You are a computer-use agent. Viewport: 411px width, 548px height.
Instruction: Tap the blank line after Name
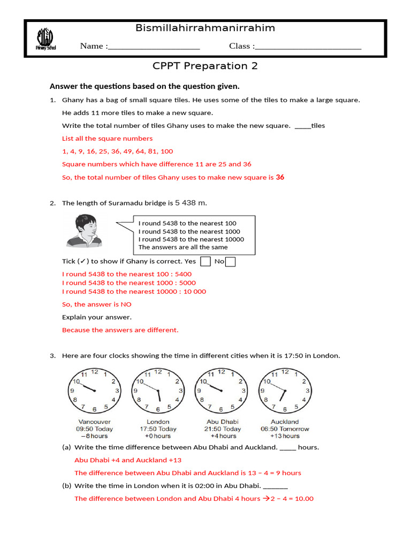tap(154, 47)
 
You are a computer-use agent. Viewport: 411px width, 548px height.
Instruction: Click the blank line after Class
tap(308, 47)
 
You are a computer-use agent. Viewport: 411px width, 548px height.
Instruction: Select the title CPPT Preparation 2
tap(205, 66)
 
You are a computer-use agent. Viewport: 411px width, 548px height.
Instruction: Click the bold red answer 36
tap(280, 177)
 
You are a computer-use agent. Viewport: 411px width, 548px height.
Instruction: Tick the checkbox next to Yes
tap(205, 262)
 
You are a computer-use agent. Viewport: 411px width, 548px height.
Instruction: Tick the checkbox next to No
tap(230, 262)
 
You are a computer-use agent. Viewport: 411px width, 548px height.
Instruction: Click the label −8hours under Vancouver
tap(95, 436)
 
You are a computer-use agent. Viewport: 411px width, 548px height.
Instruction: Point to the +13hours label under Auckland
tap(285, 436)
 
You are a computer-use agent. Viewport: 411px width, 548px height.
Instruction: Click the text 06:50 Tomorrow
tap(285, 429)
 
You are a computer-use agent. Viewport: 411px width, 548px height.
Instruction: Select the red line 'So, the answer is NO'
tap(97, 305)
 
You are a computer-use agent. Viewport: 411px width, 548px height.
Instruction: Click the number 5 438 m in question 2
tap(191, 203)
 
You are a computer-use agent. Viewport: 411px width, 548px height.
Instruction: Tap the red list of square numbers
tap(118, 151)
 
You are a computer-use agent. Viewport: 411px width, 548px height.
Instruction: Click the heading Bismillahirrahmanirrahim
tap(205, 28)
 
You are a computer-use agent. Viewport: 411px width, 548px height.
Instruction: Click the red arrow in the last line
tap(265, 498)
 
